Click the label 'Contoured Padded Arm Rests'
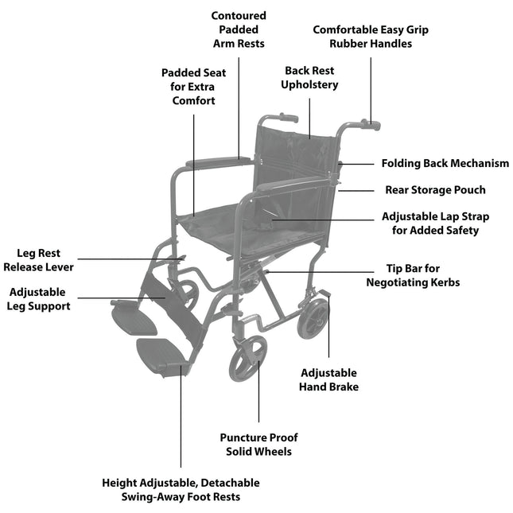tap(239, 29)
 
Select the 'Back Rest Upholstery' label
tap(309, 78)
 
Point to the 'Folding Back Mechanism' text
tap(445, 163)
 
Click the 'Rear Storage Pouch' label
tap(434, 190)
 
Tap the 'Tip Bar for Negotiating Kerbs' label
tap(412, 275)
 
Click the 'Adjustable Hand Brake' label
tap(328, 380)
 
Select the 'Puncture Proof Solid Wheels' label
tap(258, 445)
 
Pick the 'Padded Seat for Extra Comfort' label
tap(193, 87)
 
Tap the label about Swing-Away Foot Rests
tap(181, 489)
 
